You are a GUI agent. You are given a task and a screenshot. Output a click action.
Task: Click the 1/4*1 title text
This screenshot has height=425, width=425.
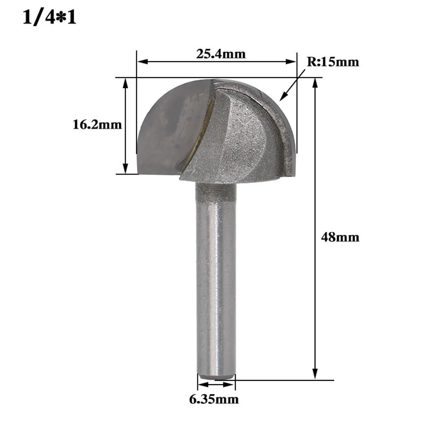click(x=50, y=18)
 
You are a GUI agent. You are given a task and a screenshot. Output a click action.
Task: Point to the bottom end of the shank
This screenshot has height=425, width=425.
click(x=216, y=376)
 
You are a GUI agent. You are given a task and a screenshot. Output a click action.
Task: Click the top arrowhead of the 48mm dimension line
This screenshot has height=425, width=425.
click(x=315, y=83)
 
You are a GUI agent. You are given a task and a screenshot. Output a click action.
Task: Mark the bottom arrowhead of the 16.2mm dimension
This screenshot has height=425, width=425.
click(x=125, y=169)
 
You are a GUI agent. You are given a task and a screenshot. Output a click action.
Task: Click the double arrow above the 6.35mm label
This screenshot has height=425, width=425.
click(x=216, y=385)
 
